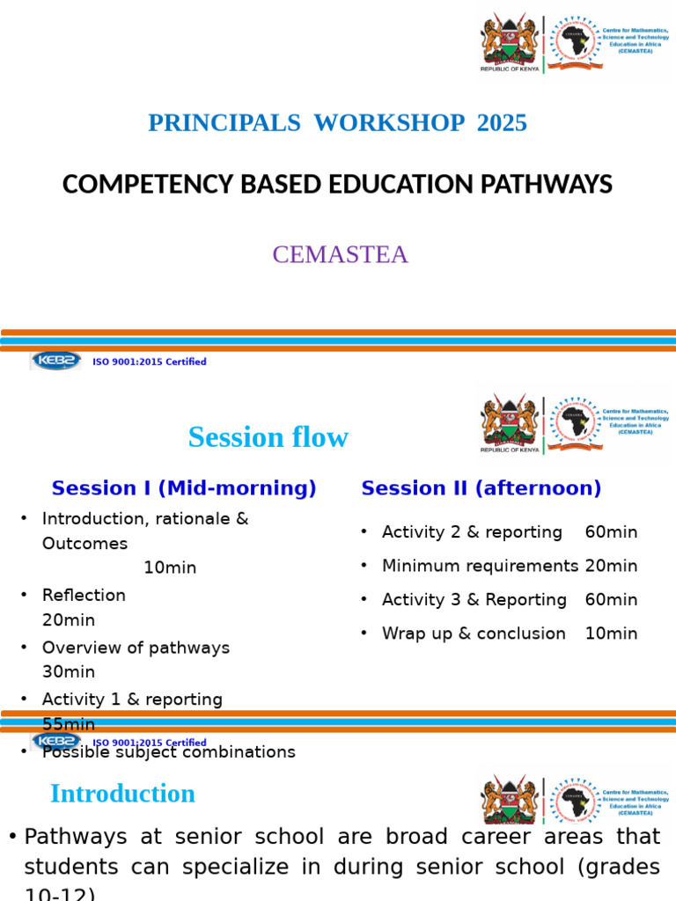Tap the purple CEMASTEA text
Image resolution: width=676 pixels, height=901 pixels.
click(x=340, y=254)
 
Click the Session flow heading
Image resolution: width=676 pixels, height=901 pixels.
click(x=268, y=437)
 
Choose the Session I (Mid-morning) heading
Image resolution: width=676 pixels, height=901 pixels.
click(x=184, y=488)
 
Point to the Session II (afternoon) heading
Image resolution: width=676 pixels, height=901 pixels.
click(x=481, y=488)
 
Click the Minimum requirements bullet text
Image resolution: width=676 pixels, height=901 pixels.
click(x=480, y=566)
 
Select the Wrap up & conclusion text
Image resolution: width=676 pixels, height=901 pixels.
click(x=474, y=634)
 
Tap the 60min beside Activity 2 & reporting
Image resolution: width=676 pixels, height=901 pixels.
click(x=611, y=532)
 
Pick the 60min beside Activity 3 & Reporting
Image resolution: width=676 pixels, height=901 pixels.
click(x=611, y=600)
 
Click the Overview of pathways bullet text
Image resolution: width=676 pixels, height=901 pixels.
click(x=136, y=648)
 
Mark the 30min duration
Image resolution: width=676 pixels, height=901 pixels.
click(x=69, y=671)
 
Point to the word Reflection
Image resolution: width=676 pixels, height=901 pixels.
click(x=84, y=596)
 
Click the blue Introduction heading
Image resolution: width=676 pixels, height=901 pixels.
click(x=122, y=794)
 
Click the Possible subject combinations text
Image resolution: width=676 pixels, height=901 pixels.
click(x=168, y=752)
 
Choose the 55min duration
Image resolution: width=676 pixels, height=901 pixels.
click(x=69, y=724)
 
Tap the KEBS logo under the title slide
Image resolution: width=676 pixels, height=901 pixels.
click(x=56, y=361)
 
